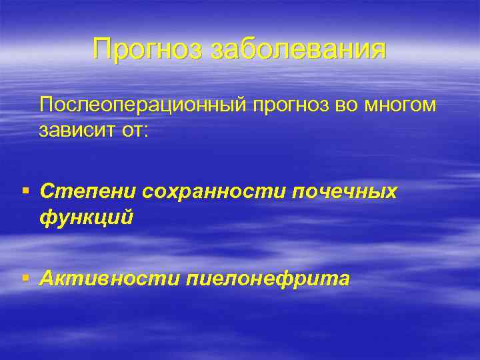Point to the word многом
[x=403, y=105]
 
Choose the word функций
[x=86, y=217]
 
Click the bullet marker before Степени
[x=25, y=192]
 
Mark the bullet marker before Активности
[x=25, y=278]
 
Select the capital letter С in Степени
[x=46, y=192]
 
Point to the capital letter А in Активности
[x=47, y=278]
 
